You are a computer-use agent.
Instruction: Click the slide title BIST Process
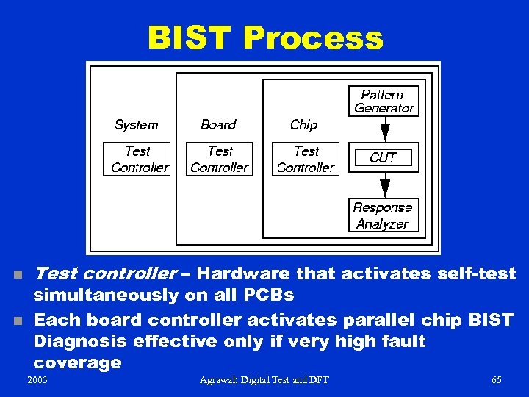point(265,37)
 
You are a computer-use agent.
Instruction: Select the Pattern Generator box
point(383,101)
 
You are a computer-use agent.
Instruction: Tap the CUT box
point(383,157)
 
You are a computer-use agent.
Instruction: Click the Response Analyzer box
point(383,215)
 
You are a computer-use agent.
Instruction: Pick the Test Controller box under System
point(137,160)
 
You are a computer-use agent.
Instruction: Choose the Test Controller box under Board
point(220,160)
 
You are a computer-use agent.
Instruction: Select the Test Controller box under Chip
point(306,160)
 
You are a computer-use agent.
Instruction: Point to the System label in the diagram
point(137,125)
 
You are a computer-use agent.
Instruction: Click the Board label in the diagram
point(218,125)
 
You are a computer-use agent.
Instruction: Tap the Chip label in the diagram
point(303,125)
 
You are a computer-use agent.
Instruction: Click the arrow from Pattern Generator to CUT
point(384,130)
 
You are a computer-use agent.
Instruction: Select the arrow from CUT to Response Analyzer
point(384,185)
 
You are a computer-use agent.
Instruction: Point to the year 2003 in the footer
point(37,379)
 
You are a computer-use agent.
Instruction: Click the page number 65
point(496,379)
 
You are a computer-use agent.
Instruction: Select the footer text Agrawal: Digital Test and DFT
point(264,379)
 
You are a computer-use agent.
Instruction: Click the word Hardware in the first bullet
point(245,274)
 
